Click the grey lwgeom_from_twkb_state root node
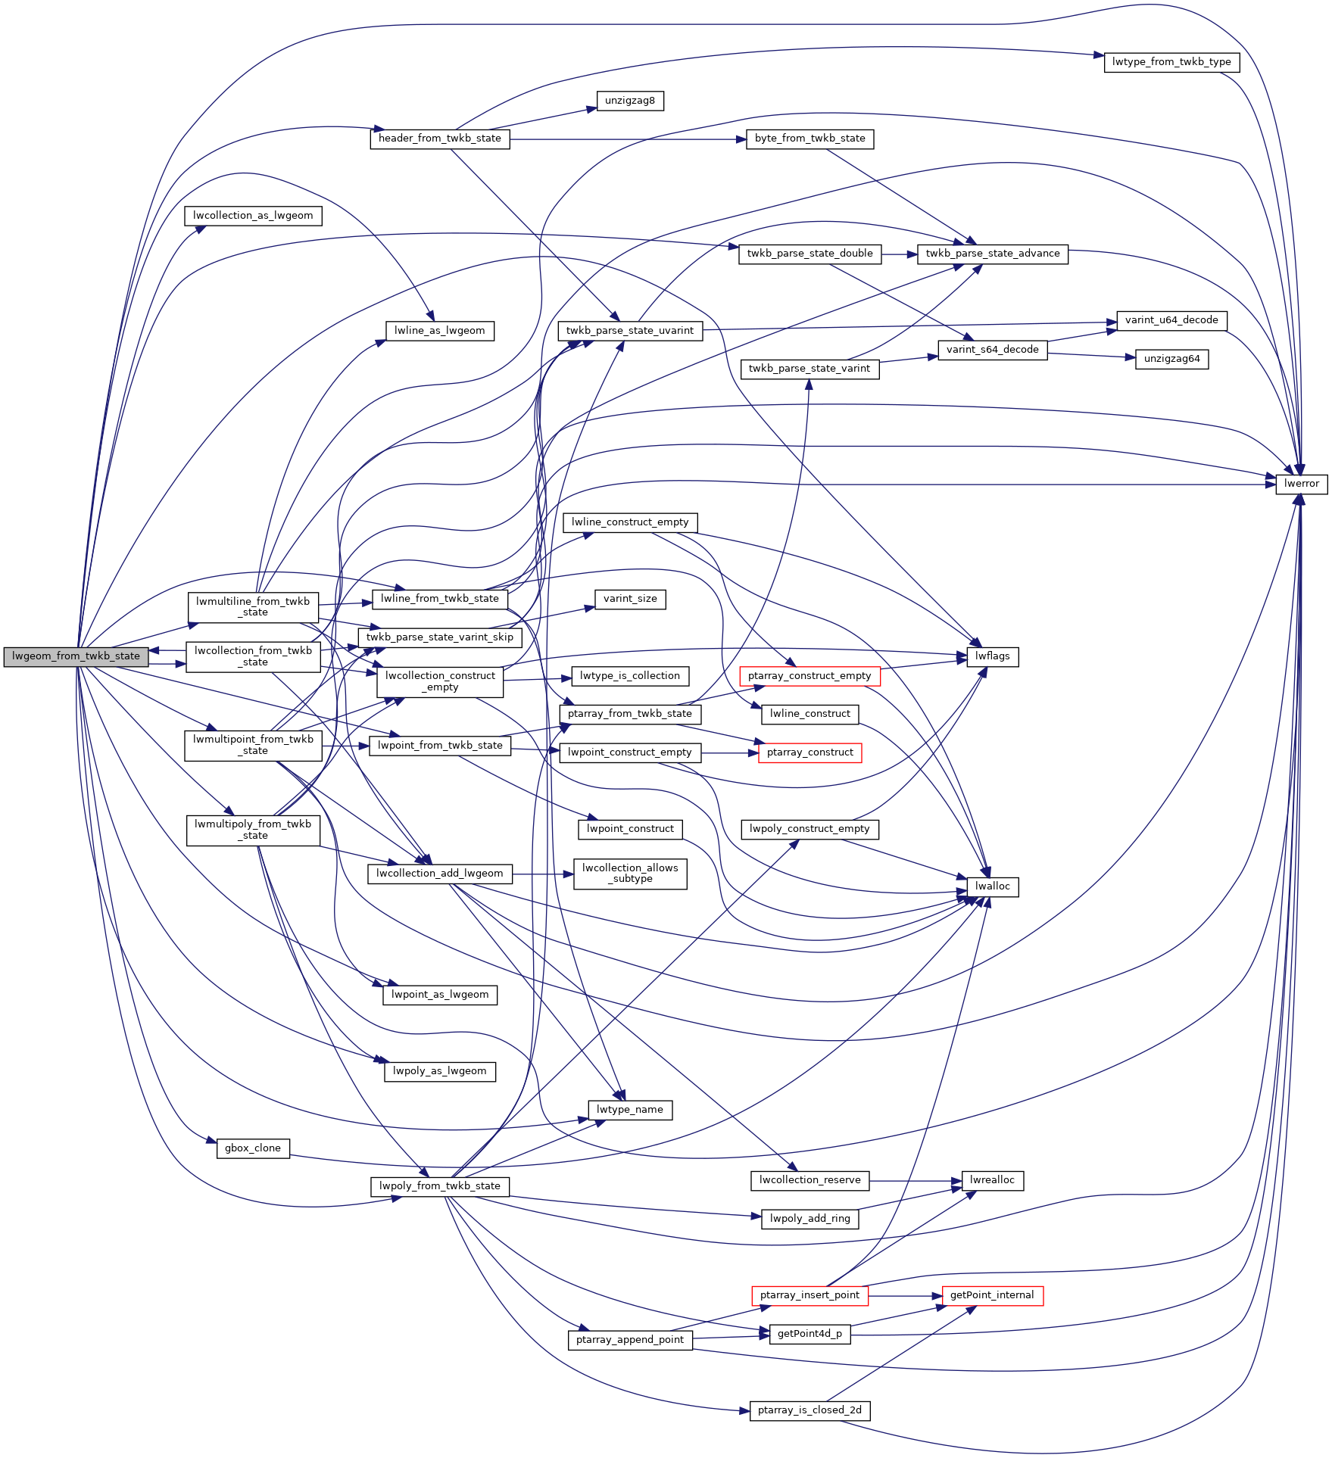(76, 656)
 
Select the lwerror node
(1301, 484)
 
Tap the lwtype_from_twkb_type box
(1171, 62)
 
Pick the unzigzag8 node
(629, 101)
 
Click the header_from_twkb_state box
(439, 139)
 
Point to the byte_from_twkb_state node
(809, 139)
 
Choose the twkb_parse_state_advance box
(992, 254)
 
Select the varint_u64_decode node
(1171, 320)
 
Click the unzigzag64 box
(1171, 359)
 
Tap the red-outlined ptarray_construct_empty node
(809, 676)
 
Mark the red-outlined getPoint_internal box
(991, 1295)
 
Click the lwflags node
(992, 656)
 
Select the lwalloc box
(992, 886)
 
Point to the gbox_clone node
(252, 1148)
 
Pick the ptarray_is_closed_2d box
(809, 1410)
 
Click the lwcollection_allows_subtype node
(629, 874)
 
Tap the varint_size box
(629, 599)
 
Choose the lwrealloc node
(992, 1180)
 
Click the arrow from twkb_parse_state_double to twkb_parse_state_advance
(899, 254)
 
